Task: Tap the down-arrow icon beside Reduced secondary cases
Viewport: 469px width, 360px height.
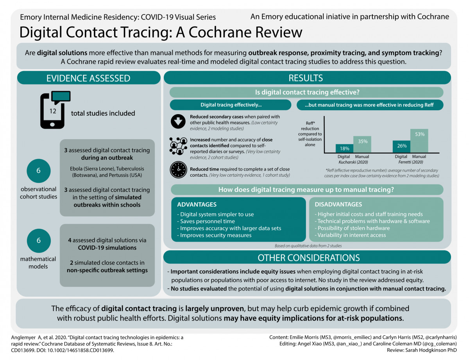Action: pyautogui.click(x=178, y=122)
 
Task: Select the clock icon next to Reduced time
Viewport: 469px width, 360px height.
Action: pyautogui.click(x=178, y=170)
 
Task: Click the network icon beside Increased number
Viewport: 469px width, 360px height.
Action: pyautogui.click(x=178, y=145)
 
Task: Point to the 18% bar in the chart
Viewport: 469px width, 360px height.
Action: pyautogui.click(x=344, y=149)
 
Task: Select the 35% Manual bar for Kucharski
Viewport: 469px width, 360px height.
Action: pyautogui.click(x=362, y=144)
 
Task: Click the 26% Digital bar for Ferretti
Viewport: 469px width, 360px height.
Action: pyautogui.click(x=401, y=147)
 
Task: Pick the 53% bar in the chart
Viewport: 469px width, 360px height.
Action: pyautogui.click(x=419, y=141)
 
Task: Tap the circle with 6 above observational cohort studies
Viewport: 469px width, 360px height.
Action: pyautogui.click(x=38, y=171)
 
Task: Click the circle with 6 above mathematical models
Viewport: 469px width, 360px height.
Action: pyautogui.click(x=38, y=240)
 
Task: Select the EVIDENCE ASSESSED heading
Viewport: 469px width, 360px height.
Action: pyautogui.click(x=88, y=78)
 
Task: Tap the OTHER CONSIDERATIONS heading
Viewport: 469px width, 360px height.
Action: pyautogui.click(x=308, y=258)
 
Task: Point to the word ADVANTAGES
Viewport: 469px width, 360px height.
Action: pyautogui.click(x=197, y=204)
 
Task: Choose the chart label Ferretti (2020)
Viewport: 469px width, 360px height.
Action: pyautogui.click(x=410, y=162)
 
